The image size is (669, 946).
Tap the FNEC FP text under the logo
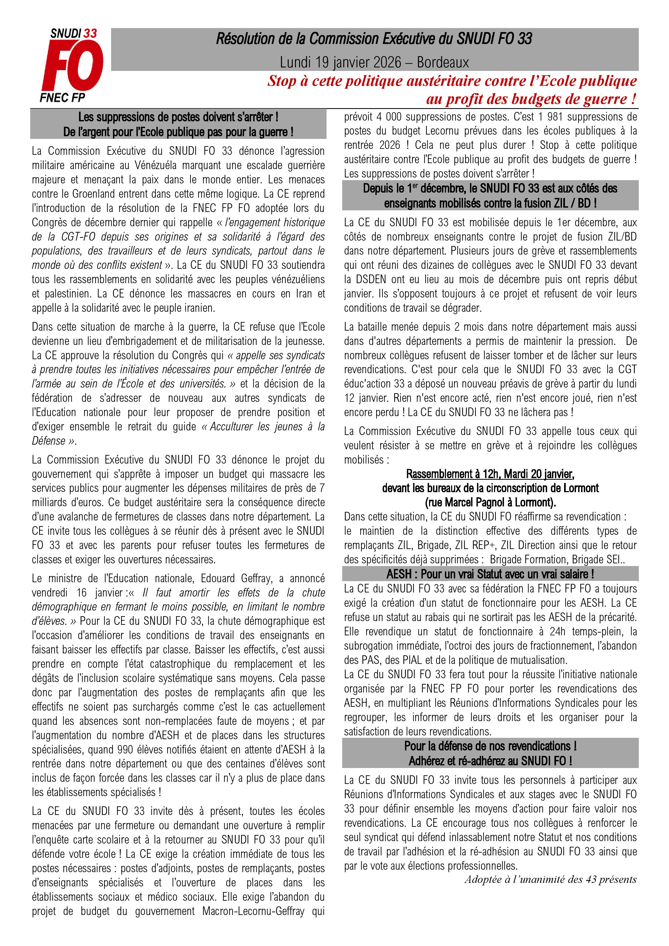[63, 97]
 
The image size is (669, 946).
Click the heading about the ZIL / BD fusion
[490, 196]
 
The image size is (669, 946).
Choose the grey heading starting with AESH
[490, 574]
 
